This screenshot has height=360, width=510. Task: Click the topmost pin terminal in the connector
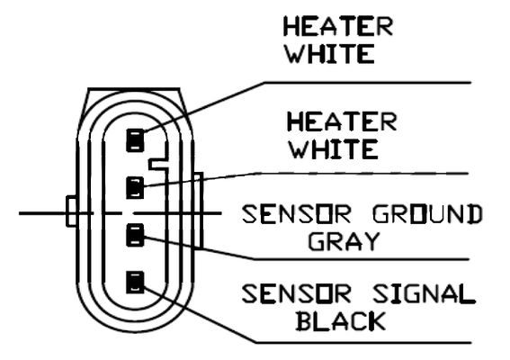pos(135,140)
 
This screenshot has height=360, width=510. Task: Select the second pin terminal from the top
pos(135,187)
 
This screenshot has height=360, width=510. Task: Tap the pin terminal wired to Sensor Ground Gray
pos(135,235)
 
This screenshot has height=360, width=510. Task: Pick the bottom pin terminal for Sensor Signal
pos(135,282)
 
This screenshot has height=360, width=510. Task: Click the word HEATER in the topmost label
pos(338,26)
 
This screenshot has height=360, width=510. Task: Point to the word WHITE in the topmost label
pos(330,54)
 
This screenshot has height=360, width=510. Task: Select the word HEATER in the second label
pos(342,121)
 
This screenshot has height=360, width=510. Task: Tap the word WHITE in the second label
pos(334,149)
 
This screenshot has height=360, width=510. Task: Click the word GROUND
pos(427,214)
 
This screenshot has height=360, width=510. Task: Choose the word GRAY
pos(344,241)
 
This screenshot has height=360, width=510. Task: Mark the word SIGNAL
pos(424,294)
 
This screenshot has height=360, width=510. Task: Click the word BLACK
pos(341,321)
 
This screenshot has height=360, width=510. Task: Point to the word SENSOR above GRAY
pos(297,214)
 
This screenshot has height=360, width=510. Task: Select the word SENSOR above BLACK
pos(297,294)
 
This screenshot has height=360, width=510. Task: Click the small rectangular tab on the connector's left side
pos(71,211)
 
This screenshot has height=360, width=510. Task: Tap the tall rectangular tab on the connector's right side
pos(199,211)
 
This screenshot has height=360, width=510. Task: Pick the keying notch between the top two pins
pos(158,164)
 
